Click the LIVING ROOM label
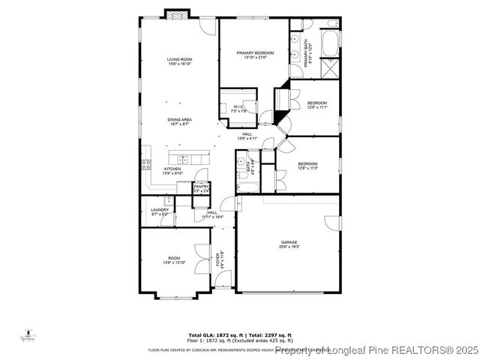click(x=179, y=58)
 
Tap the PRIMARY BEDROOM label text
click(x=255, y=52)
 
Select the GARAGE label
click(x=289, y=242)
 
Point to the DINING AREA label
click(x=179, y=119)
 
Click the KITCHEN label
click(x=172, y=169)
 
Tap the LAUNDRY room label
click(x=159, y=210)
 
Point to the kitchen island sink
click(x=182, y=158)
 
